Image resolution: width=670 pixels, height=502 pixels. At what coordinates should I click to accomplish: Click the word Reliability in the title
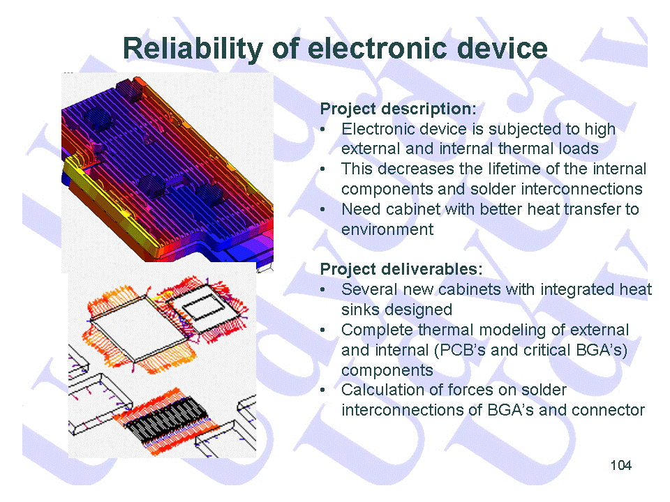tap(193, 49)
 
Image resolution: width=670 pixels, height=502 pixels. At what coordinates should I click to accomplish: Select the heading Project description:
tap(399, 109)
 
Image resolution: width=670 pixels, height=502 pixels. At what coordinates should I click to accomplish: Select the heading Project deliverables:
tap(401, 269)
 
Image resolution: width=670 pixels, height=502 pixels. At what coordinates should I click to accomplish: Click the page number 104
tap(621, 465)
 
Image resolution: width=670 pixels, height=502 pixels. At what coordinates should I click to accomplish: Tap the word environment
tap(387, 229)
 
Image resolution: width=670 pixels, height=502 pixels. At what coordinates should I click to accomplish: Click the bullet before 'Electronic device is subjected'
tap(323, 130)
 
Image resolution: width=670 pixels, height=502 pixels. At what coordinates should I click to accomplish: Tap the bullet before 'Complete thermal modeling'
tap(323, 330)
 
